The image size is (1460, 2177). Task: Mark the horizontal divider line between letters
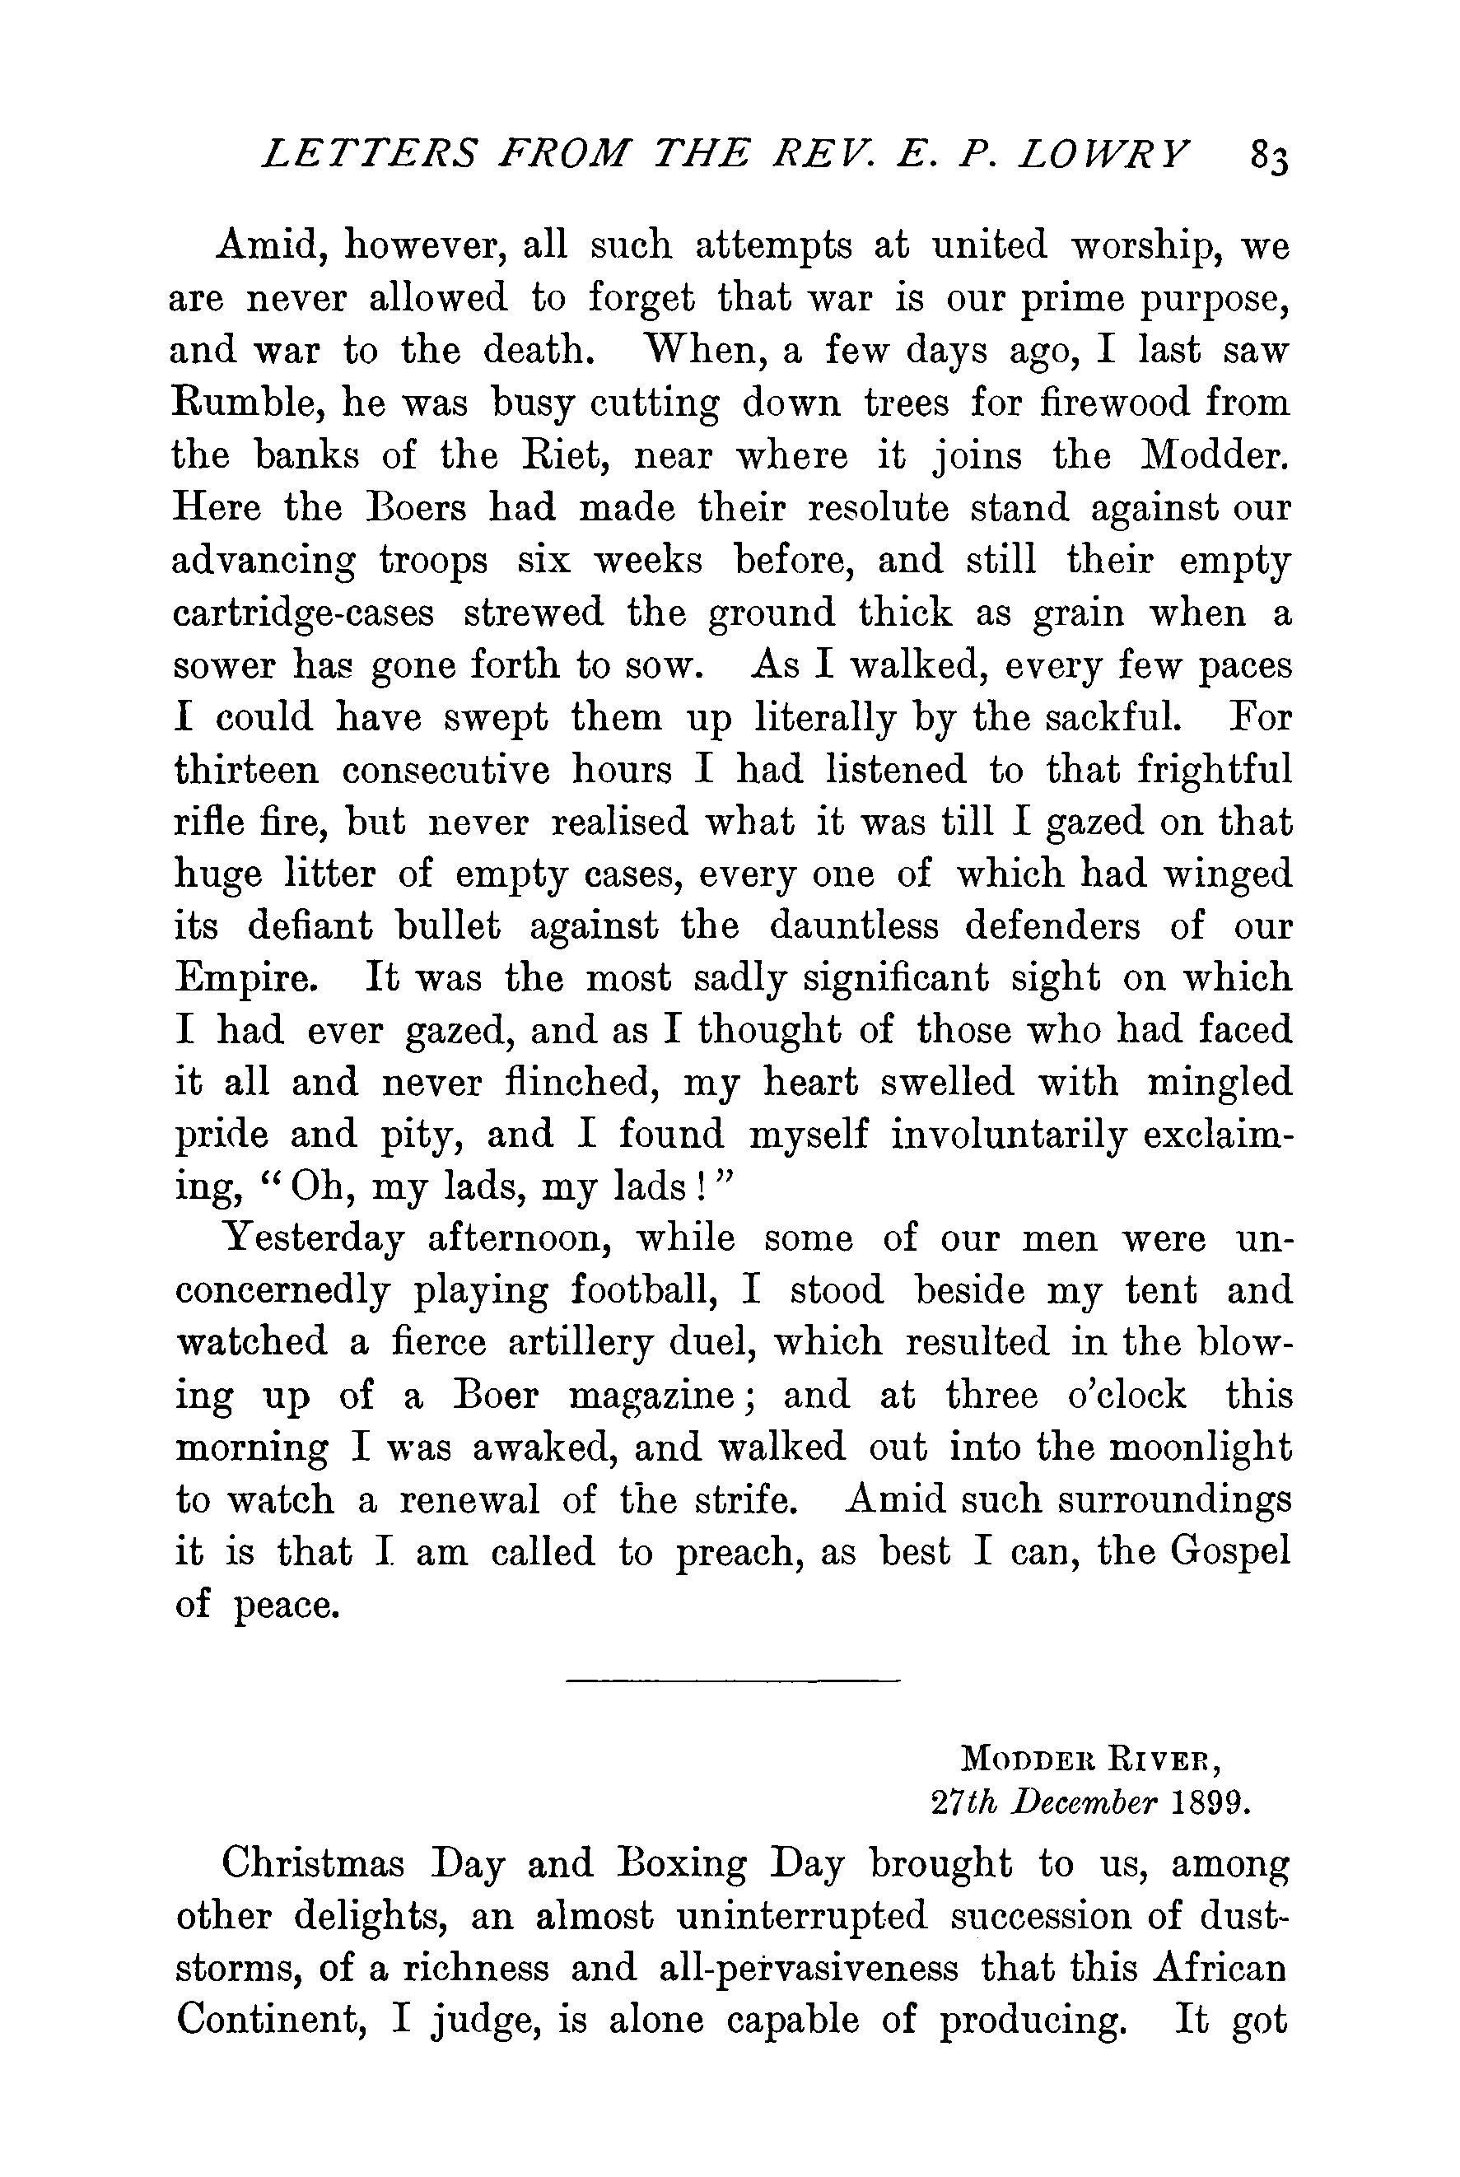point(732,1681)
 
